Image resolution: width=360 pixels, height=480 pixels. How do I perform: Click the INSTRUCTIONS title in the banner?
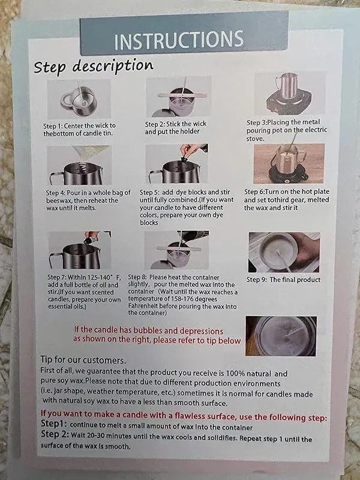pos(179,40)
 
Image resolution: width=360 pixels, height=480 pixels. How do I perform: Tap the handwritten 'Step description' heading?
pos(94,66)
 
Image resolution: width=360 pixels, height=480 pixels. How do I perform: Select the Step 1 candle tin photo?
pos(79,99)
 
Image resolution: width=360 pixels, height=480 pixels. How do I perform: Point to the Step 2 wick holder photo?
pos(179,97)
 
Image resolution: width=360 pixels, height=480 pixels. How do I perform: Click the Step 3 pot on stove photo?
pos(290,94)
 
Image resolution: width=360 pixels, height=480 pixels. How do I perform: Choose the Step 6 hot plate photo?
pos(289,164)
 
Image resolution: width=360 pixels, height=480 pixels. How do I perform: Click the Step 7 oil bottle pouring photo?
pos(80,250)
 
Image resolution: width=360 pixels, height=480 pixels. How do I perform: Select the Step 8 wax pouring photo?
pos(176,250)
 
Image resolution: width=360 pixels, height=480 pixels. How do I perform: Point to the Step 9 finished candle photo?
pos(284,252)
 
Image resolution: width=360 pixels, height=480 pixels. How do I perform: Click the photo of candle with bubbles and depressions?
pos(281,336)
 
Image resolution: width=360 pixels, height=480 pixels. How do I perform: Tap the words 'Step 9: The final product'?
pos(283,280)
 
